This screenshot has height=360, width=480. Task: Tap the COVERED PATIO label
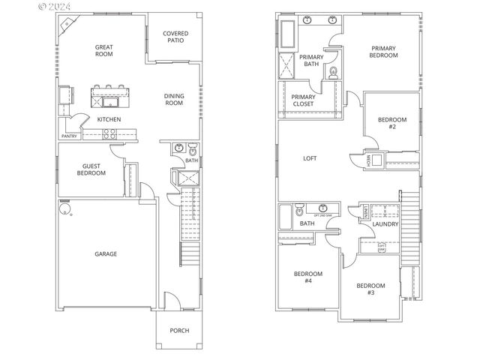pyautogui.click(x=175, y=37)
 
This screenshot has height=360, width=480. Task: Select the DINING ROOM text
pyautogui.click(x=174, y=99)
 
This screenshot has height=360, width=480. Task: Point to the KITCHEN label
pyautogui.click(x=109, y=119)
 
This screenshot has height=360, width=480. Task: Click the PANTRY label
pyautogui.click(x=69, y=136)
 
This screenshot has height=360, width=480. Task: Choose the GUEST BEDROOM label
pyautogui.click(x=91, y=169)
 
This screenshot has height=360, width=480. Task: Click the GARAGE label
pyautogui.click(x=105, y=254)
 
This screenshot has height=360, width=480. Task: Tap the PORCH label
pyautogui.click(x=178, y=331)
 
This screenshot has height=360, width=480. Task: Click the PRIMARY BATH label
pyautogui.click(x=310, y=61)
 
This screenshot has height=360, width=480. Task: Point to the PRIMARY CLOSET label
pyautogui.click(x=303, y=100)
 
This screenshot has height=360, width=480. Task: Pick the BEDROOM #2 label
pyautogui.click(x=391, y=123)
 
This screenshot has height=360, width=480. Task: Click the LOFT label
pyautogui.click(x=310, y=158)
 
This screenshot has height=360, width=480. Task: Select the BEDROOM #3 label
pyautogui.click(x=370, y=289)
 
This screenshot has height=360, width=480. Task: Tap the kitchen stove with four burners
pyautogui.click(x=109, y=135)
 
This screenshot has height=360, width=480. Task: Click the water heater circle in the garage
pyautogui.click(x=66, y=204)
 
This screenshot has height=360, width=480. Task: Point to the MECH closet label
pyautogui.click(x=368, y=160)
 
